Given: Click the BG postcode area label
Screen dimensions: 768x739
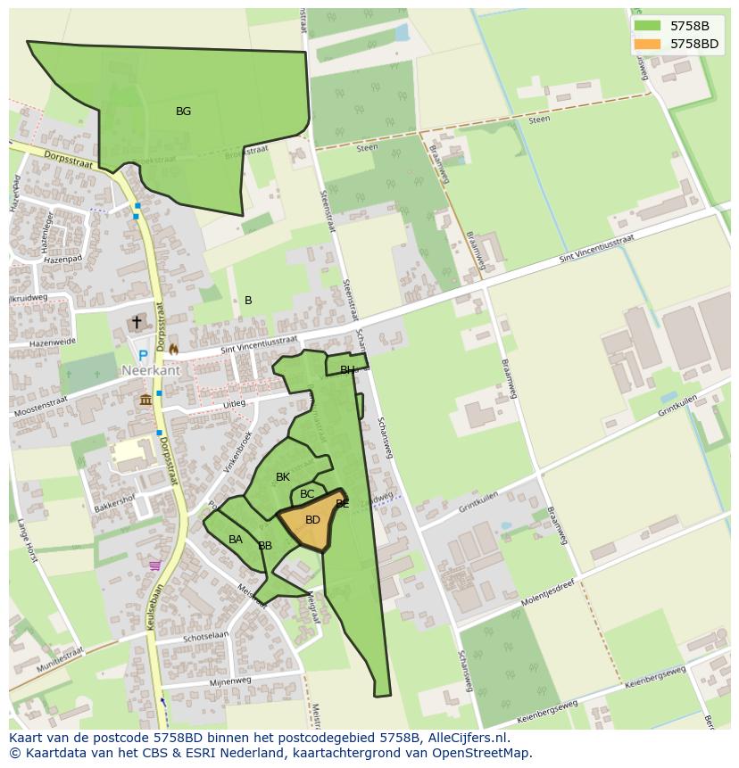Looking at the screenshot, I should (x=183, y=111).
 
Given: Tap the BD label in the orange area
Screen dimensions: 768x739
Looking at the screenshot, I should (x=312, y=519).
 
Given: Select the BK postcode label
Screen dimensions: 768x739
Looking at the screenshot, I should (x=283, y=477).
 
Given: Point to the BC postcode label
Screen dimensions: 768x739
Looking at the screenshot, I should (x=307, y=494).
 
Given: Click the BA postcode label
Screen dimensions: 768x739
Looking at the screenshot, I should (x=236, y=540).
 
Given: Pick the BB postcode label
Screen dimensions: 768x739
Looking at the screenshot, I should (x=265, y=546).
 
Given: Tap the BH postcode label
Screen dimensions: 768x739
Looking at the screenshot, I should (x=347, y=369).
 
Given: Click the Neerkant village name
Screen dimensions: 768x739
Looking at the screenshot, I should (x=151, y=370).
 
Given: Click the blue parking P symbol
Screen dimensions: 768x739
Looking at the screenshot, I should (x=142, y=355).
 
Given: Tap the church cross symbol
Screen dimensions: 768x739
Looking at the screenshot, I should (x=137, y=322).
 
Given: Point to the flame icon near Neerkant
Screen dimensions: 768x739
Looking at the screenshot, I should (x=173, y=350).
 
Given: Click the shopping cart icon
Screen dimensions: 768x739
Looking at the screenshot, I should (x=155, y=565).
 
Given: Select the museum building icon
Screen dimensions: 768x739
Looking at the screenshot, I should (x=145, y=400).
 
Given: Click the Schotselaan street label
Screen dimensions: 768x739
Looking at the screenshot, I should (x=206, y=637).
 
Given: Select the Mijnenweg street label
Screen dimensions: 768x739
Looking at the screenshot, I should (x=229, y=681).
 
